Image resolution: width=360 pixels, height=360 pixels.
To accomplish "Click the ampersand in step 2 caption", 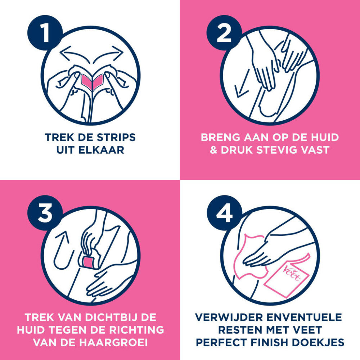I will point(214,150).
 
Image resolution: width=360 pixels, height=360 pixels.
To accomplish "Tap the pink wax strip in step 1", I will point(90,81).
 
